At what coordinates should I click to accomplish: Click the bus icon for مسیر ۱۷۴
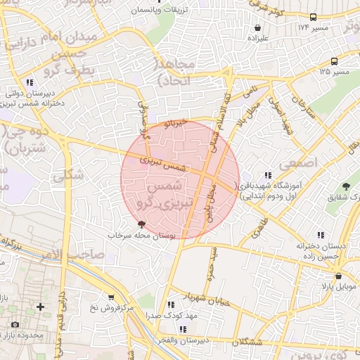pos(313,17)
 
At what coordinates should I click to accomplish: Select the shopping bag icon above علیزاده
pos(258,28)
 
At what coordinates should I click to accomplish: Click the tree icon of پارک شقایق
pos(345,186)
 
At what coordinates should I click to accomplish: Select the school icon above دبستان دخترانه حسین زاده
pos(321,235)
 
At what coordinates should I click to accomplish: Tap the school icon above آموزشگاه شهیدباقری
pos(267,175)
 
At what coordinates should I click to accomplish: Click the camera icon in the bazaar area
pos(15,324)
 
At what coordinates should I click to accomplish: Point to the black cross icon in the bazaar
pos(40,307)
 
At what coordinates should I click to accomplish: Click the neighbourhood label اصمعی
pos(297,162)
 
